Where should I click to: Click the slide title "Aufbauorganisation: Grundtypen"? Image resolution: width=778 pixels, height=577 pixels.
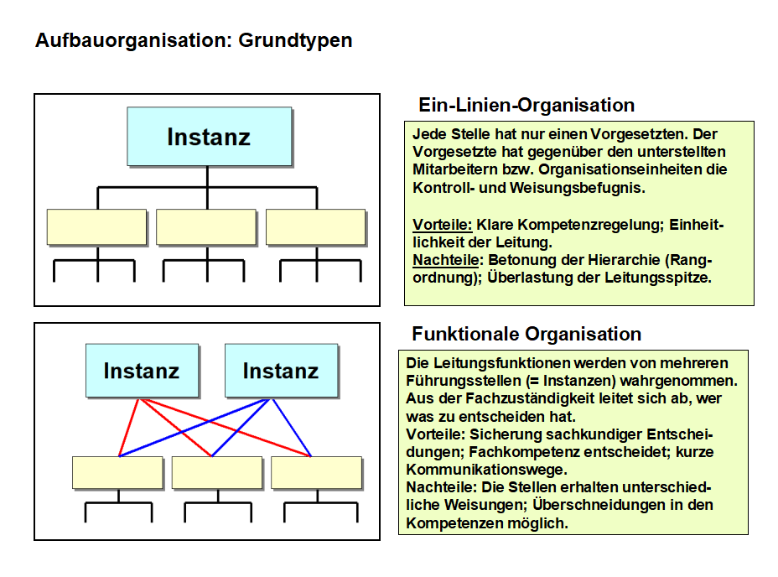[x=194, y=40]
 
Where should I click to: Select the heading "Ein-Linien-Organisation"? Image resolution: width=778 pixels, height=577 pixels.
[x=526, y=105]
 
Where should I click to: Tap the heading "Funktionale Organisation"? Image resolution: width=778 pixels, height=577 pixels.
[x=526, y=334]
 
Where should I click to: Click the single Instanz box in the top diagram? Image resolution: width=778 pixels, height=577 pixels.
[x=209, y=136]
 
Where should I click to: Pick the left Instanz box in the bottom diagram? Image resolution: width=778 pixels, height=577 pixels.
[x=141, y=370]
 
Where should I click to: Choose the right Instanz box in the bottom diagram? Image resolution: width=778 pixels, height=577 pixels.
[x=280, y=370]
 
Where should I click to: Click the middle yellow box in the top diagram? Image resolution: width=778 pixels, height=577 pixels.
[x=206, y=227]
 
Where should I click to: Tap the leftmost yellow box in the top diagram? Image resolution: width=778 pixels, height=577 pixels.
[x=96, y=227]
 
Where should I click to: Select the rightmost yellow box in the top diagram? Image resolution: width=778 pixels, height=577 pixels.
[x=316, y=227]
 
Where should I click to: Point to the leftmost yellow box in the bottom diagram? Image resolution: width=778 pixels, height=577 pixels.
[x=117, y=473]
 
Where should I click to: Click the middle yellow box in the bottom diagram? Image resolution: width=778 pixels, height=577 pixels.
[x=217, y=473]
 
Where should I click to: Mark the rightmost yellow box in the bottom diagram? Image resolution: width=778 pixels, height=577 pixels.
[x=316, y=473]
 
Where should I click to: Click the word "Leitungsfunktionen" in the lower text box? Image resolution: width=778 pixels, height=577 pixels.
[x=489, y=363]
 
